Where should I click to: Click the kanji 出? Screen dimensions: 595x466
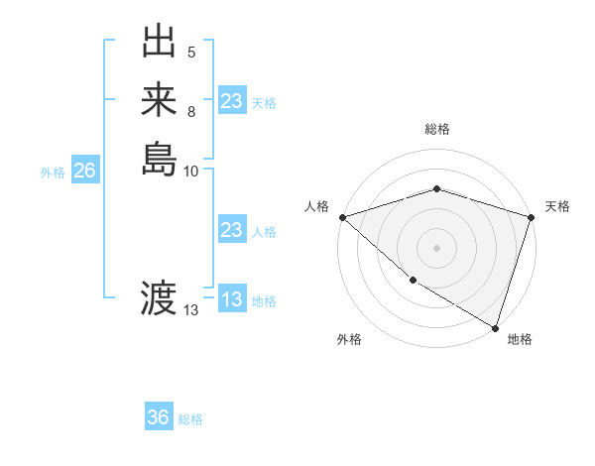(x=159, y=44)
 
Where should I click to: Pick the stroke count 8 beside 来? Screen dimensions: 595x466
(x=191, y=111)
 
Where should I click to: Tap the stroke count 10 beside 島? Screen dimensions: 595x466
(x=191, y=171)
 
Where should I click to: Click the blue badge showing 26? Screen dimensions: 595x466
(x=84, y=172)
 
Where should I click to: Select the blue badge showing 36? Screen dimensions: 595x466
(x=158, y=417)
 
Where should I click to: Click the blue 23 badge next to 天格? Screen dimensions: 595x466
(x=231, y=101)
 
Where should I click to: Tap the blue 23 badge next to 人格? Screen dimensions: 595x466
(x=231, y=230)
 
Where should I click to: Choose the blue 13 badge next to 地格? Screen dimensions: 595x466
(x=231, y=300)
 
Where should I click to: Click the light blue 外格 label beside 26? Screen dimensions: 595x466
(x=53, y=173)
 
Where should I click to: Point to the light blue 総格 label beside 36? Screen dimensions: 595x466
(x=190, y=419)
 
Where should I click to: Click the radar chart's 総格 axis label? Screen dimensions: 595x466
(x=436, y=129)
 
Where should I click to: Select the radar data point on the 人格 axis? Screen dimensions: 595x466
(x=341, y=217)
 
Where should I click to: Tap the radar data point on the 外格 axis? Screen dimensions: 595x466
(x=412, y=282)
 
